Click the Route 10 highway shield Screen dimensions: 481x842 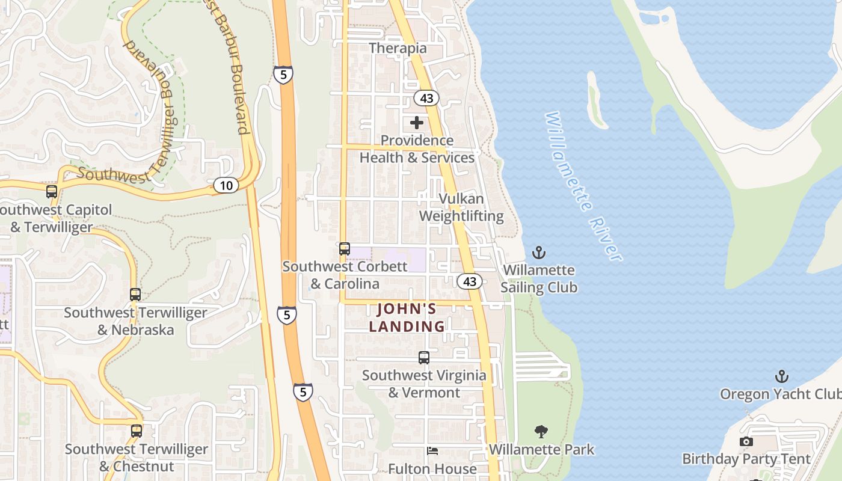[x=226, y=185]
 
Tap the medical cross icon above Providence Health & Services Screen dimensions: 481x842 [x=417, y=123]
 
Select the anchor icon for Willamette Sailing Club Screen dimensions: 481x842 [x=539, y=253]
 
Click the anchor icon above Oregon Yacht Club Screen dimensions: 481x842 [x=781, y=377]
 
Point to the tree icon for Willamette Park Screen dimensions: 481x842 [x=541, y=431]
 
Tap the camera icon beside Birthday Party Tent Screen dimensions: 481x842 [x=746, y=442]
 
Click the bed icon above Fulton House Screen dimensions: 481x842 [x=432, y=451]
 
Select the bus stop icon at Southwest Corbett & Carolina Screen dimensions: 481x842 [x=345, y=248]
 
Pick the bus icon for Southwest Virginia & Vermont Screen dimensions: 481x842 [x=424, y=358]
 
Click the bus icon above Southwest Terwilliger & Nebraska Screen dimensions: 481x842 [x=135, y=295]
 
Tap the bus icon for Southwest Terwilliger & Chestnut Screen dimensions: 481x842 [x=137, y=431]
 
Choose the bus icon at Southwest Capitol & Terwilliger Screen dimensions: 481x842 [x=52, y=192]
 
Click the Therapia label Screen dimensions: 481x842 [x=398, y=48]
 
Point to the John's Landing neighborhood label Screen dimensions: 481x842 [x=407, y=317]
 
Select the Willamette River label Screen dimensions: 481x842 [x=582, y=186]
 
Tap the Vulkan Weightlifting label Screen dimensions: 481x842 [x=461, y=207]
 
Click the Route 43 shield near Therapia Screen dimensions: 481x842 [x=426, y=98]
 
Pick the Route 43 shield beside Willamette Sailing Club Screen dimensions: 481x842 [x=470, y=281]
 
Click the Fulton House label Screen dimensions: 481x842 [x=432, y=469]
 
